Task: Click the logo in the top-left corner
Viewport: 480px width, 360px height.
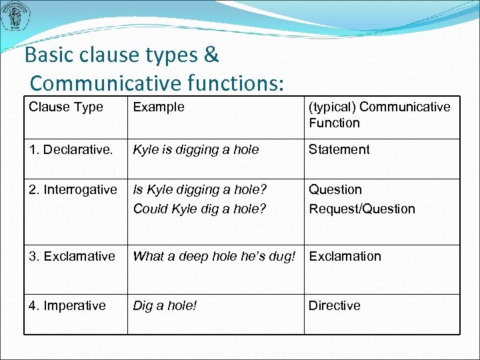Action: tap(15, 17)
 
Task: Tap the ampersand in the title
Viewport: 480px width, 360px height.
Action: tap(212, 55)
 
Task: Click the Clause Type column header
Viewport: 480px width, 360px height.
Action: tap(66, 107)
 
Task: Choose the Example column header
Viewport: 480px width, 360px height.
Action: tap(159, 107)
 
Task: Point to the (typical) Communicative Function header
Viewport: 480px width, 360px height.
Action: tap(379, 115)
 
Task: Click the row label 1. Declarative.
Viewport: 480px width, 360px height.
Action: tap(71, 150)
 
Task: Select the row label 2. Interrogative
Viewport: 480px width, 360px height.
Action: tap(73, 190)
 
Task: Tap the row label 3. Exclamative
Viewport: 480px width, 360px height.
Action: tap(72, 257)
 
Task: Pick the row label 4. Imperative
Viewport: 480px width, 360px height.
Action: tap(67, 306)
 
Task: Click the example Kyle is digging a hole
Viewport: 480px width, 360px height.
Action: tap(196, 150)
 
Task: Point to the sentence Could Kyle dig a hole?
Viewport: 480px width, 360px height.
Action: tap(199, 209)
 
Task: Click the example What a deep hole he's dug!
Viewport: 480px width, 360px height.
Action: tap(214, 257)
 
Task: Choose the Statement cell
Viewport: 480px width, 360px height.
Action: tap(339, 150)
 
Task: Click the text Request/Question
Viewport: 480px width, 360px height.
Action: tap(361, 209)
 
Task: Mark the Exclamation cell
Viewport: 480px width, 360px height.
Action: tap(345, 257)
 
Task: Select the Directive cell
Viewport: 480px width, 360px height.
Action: tap(334, 306)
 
